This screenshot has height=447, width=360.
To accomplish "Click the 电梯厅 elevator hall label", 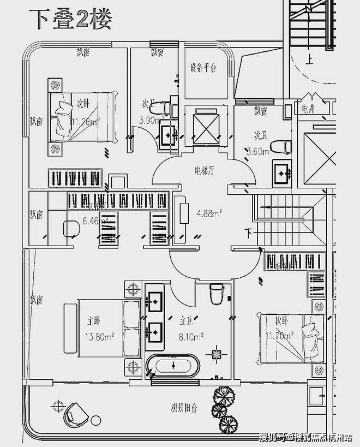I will pos(203,170).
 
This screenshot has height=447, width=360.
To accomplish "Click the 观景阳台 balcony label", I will pos(183,407).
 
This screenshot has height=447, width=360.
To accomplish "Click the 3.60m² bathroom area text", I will pos(257,152).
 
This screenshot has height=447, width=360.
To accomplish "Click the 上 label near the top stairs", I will pos(309,60).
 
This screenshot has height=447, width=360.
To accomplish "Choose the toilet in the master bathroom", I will pos(217,293).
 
